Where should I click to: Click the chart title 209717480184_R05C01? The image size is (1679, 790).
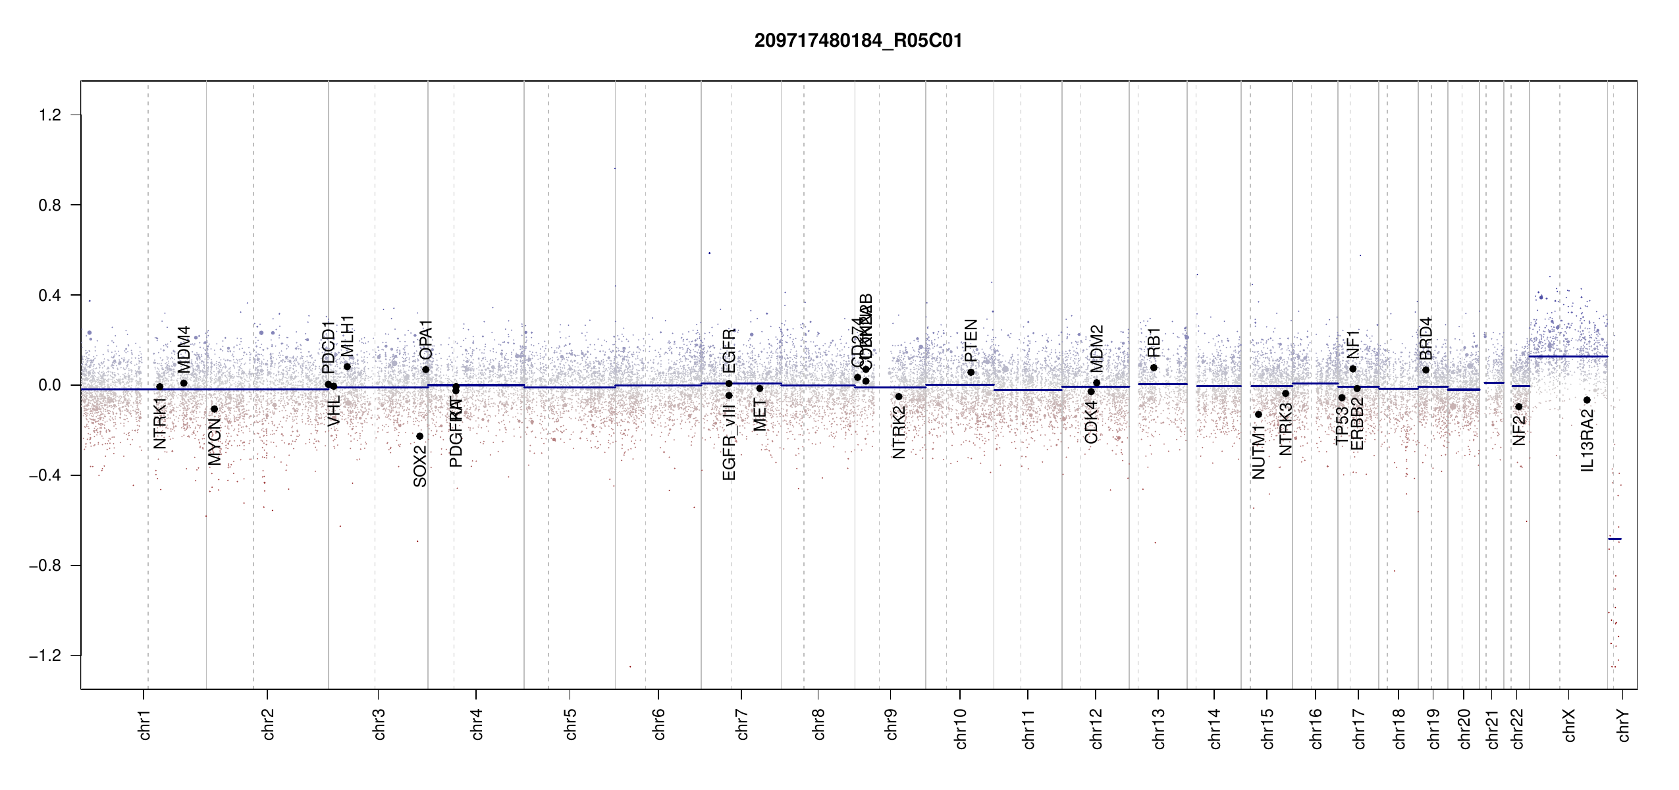[x=858, y=41]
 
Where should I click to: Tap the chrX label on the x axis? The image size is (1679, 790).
[x=1570, y=725]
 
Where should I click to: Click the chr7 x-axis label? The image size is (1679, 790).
[x=742, y=725]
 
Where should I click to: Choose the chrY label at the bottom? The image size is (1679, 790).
[x=1624, y=725]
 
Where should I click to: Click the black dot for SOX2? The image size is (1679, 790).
[x=419, y=436]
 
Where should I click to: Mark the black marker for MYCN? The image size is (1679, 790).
[x=214, y=409]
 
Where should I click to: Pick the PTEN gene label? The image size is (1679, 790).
[x=971, y=341]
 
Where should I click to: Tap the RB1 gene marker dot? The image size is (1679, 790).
[x=1154, y=367]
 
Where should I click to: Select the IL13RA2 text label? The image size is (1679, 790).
[x=1587, y=440]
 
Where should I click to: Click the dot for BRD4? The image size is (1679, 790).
[x=1426, y=370]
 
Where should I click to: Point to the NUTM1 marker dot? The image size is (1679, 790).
[x=1258, y=414]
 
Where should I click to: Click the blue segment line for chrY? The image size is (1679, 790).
[x=1614, y=539]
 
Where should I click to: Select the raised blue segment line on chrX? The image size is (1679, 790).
[x=1568, y=356]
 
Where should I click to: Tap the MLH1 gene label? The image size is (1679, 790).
[x=347, y=336]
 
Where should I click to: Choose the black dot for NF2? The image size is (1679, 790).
[x=1518, y=407]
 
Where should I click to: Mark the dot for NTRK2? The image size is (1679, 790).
[x=899, y=396]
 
